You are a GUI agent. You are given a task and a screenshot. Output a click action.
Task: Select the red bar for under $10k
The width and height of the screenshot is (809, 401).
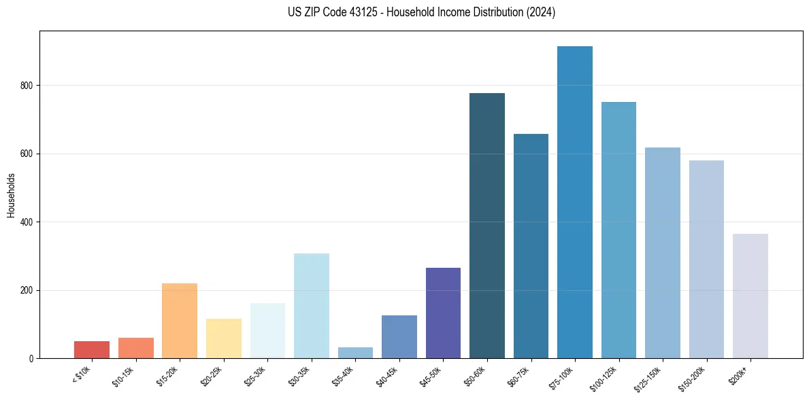(x=92, y=349)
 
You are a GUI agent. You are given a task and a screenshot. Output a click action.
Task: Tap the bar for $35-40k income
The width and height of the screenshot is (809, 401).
(x=355, y=353)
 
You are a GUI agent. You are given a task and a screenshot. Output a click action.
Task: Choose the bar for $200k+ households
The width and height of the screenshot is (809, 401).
(x=750, y=296)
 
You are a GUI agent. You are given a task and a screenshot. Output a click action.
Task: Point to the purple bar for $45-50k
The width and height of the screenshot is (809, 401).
(x=443, y=313)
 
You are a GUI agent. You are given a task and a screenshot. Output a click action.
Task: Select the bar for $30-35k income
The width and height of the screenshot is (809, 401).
(x=311, y=306)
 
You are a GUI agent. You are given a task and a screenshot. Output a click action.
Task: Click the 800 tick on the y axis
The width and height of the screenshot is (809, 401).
(x=27, y=86)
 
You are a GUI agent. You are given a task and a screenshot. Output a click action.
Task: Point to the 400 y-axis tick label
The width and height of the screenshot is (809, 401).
(x=27, y=222)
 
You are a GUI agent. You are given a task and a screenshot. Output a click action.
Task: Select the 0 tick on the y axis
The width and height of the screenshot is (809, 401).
(x=31, y=359)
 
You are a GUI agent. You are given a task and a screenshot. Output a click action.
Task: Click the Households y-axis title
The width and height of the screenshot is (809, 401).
(x=11, y=195)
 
